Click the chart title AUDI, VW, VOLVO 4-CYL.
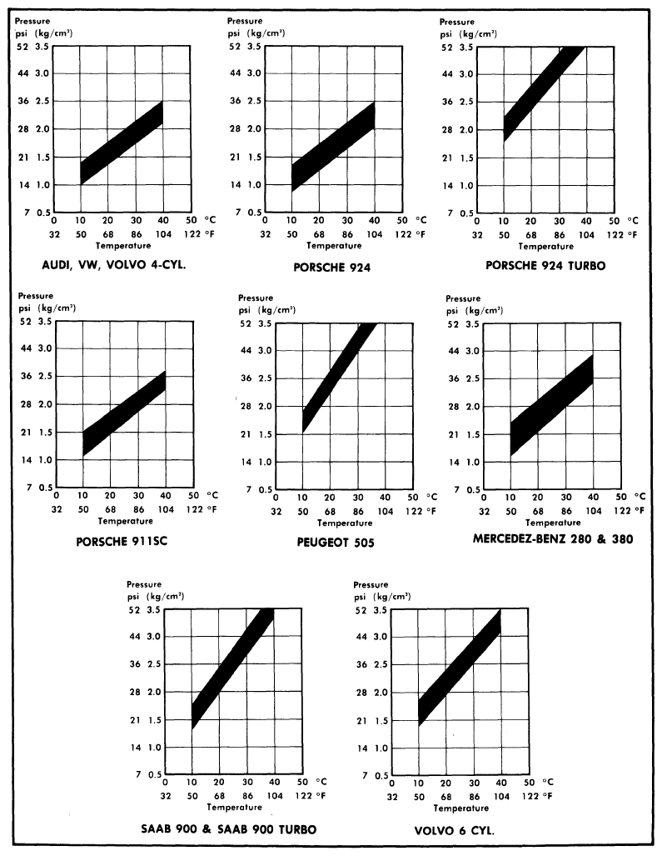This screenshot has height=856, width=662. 114,265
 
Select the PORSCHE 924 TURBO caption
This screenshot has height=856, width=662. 545,266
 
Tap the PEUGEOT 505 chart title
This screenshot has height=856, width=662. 336,543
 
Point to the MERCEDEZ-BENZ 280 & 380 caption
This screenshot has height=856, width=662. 553,539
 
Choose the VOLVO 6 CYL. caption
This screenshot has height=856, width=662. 454,831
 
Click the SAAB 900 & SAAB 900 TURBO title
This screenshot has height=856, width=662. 228,829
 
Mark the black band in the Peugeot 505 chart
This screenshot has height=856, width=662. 339,378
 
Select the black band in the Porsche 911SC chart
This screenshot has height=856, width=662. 124,413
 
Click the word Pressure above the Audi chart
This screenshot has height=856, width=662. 32,22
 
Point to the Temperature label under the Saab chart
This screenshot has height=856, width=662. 235,807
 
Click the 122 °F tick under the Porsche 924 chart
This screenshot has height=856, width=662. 403,234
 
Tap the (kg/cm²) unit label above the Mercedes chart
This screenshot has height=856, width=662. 485,311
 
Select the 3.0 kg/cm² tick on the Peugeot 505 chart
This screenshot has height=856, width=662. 265,350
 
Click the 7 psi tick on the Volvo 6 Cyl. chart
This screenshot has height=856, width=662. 365,775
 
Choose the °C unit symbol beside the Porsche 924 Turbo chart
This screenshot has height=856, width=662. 633,221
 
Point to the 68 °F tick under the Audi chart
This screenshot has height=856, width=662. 108,234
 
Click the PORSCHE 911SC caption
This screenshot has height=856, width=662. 122,542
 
